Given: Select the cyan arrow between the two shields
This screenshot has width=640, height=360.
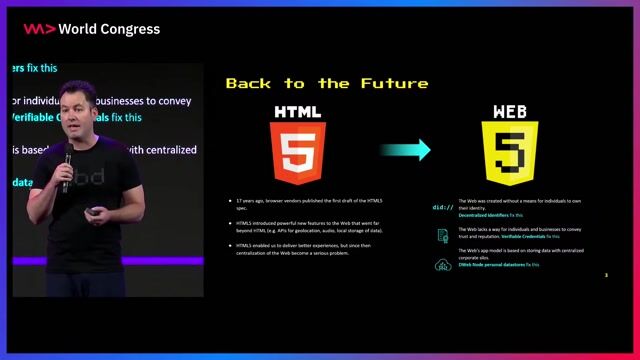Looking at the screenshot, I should [x=405, y=150].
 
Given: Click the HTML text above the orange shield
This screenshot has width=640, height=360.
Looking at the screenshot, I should [x=298, y=111].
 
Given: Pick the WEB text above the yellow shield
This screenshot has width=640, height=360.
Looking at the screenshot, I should [x=510, y=111].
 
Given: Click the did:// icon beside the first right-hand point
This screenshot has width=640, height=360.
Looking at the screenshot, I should [x=442, y=207].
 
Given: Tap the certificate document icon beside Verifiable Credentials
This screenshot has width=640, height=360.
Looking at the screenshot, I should [x=442, y=235].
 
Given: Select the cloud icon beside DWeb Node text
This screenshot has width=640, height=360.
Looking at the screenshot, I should [x=442, y=265].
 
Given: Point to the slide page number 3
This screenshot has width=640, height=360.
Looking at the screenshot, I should [x=606, y=274].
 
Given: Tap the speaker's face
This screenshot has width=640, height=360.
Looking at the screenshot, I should [x=77, y=107].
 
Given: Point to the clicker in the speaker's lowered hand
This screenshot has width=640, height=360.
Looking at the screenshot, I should [x=92, y=212].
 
